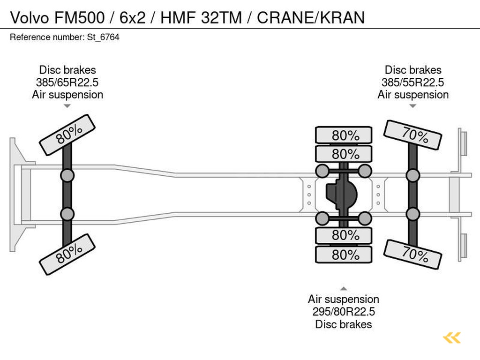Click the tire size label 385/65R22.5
click(67, 82)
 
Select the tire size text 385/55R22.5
click(412, 82)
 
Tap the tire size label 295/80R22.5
click(344, 312)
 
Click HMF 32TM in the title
click(201, 18)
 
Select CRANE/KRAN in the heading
click(311, 18)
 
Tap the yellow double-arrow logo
click(452, 337)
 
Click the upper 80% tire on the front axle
click(67, 135)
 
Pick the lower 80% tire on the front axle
click(67, 254)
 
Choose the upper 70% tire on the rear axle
click(412, 135)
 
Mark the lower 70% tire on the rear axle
click(412, 255)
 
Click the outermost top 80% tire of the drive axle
click(344, 135)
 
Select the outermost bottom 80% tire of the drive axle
click(344, 255)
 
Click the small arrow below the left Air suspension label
click(67, 106)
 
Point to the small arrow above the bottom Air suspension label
click(344, 289)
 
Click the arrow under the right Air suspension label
click(412, 106)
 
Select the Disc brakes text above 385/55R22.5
click(412, 70)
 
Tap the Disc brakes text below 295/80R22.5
click(344, 324)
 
